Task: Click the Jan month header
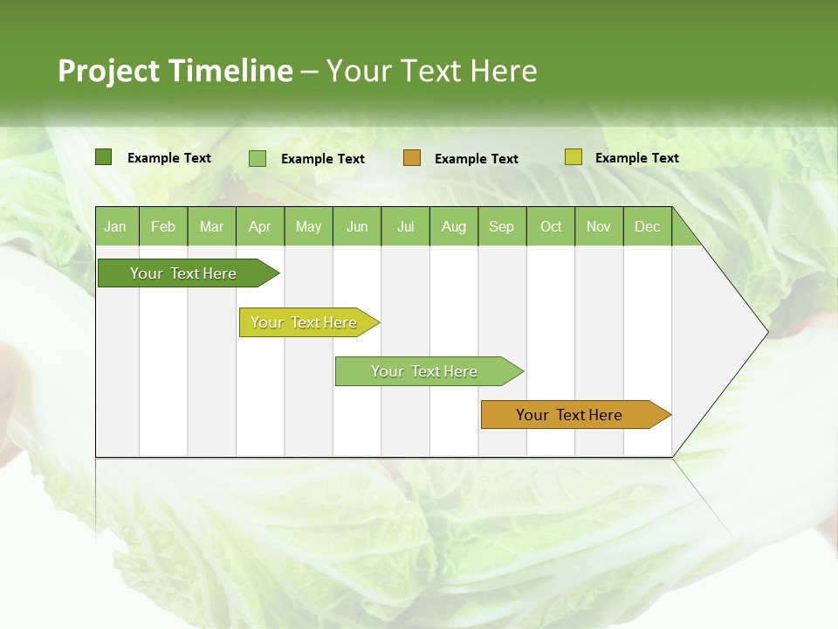click(115, 226)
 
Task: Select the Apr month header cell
click(259, 226)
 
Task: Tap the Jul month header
click(405, 226)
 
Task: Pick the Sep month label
click(501, 226)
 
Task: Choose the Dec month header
click(647, 226)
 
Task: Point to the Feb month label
click(163, 226)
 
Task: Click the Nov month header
click(598, 226)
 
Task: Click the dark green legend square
click(103, 157)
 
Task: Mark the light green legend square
click(258, 158)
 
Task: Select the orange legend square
click(412, 158)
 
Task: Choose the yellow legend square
click(573, 157)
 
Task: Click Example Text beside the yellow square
click(636, 158)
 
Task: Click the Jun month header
click(357, 226)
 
